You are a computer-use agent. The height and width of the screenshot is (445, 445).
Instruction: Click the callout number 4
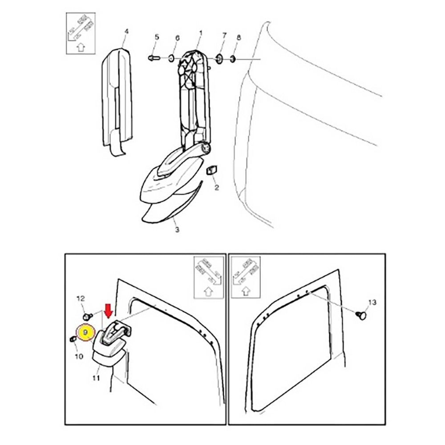[126, 31]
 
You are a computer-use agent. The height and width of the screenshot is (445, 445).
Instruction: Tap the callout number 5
[157, 37]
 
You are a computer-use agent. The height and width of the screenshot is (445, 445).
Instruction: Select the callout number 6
[178, 38]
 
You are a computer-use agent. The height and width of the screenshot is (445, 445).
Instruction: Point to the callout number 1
[201, 33]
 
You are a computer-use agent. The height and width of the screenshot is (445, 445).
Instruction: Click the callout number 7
[224, 36]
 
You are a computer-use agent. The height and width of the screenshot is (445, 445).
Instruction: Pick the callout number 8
[239, 37]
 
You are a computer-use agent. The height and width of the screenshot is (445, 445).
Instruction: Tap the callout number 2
[217, 188]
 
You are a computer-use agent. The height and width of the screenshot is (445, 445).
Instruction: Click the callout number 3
[177, 229]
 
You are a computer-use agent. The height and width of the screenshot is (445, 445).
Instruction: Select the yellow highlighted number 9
[85, 332]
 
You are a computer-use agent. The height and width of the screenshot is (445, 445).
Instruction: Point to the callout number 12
[81, 299]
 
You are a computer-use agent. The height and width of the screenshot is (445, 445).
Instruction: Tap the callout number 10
[79, 356]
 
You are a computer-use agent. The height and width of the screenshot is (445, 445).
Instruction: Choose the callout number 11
[96, 378]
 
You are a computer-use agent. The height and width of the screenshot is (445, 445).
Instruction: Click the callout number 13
[372, 303]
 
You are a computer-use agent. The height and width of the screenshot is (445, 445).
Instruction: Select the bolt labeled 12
[88, 316]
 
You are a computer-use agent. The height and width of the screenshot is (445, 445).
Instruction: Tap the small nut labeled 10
[73, 339]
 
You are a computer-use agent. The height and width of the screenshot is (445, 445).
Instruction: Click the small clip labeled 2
[211, 171]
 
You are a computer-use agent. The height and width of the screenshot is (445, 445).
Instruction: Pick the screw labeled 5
[154, 58]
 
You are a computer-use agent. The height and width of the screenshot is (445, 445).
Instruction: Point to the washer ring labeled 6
[172, 59]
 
